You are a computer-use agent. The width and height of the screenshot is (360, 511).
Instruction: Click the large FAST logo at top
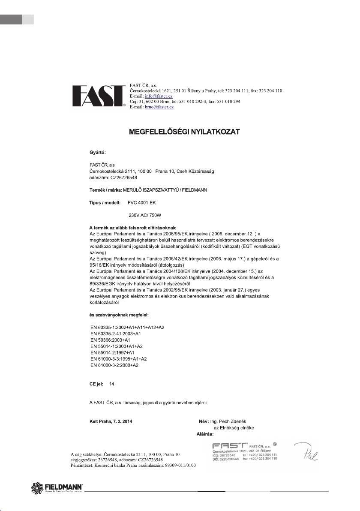99,97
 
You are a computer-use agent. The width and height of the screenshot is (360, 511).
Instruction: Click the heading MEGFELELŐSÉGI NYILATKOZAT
184,132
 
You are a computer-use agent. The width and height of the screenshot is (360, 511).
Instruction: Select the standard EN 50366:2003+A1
111,340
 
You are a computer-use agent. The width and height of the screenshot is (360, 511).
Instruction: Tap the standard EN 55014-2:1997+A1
114,352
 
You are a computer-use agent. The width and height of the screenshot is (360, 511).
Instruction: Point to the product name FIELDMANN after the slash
192,189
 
